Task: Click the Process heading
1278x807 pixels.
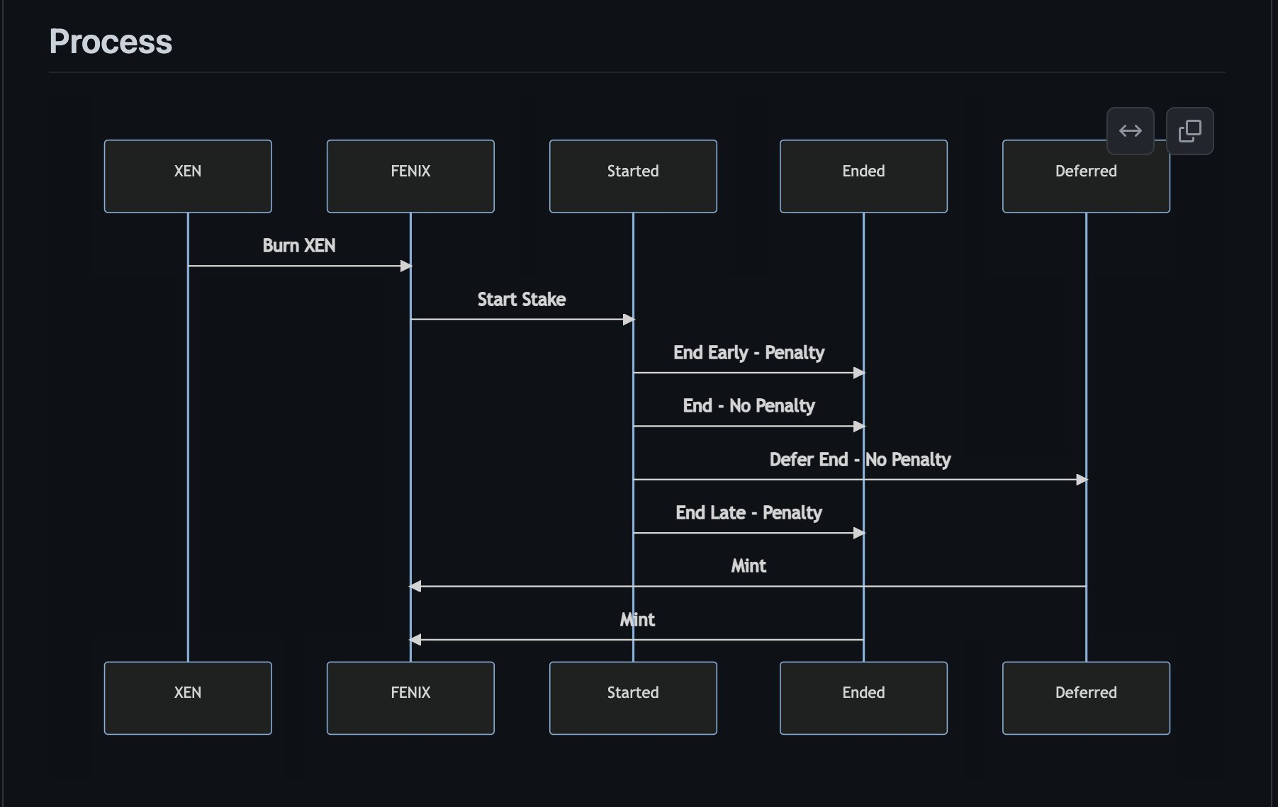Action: (x=111, y=42)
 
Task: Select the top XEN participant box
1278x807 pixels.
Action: (x=188, y=176)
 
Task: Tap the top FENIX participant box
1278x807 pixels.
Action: (x=410, y=176)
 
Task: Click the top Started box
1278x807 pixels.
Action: (x=633, y=176)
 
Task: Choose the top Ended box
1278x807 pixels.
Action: (x=863, y=176)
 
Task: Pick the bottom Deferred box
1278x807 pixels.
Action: (x=1086, y=698)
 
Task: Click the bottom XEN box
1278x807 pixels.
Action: (x=188, y=698)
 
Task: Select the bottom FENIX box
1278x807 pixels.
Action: (x=410, y=698)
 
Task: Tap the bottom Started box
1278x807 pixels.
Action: (x=633, y=698)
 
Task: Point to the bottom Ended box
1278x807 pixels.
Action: (x=863, y=698)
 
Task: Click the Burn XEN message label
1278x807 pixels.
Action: (x=299, y=246)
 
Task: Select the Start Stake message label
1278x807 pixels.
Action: (x=522, y=300)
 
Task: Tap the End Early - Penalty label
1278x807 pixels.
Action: (x=749, y=353)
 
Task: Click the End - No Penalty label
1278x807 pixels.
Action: (x=749, y=406)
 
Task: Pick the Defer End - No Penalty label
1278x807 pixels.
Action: (x=860, y=460)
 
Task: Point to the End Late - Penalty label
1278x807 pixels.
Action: (x=749, y=513)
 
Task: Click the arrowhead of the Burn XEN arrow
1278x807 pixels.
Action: (x=406, y=266)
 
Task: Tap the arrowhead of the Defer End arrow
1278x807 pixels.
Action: (x=1082, y=480)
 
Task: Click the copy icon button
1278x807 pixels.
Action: (x=1189, y=131)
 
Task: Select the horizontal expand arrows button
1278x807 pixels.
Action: (x=1130, y=131)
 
